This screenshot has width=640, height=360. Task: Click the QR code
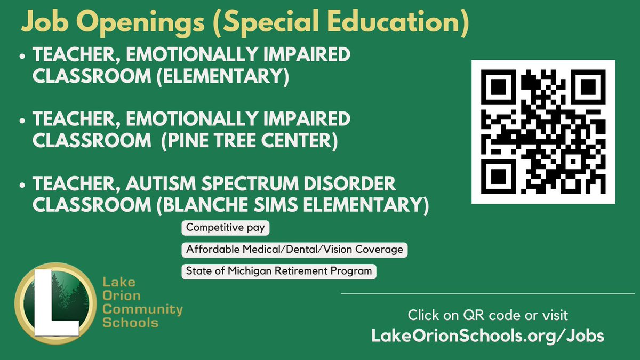(x=543, y=132)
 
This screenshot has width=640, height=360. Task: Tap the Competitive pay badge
(x=226, y=228)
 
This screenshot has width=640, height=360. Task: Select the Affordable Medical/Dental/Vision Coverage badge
(x=294, y=250)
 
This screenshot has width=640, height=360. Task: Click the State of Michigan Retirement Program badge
(x=278, y=271)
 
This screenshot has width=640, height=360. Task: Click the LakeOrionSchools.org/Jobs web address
(x=488, y=335)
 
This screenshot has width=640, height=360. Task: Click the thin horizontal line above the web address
(x=487, y=294)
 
